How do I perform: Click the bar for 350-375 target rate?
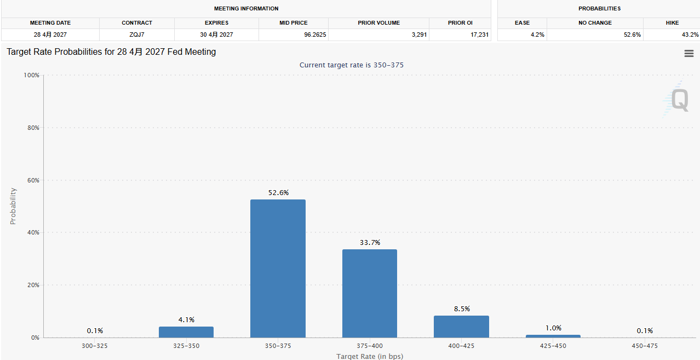pos(278,268)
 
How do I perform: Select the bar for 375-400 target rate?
pos(370,294)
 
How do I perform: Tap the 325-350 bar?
pos(186,332)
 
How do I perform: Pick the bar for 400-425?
pos(461,327)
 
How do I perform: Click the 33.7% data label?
pos(370,243)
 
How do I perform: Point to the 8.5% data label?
pos(462,308)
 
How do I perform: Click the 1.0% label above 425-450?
pos(553,328)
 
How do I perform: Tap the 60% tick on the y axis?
pos(33,180)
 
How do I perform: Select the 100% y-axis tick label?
pos(32,75)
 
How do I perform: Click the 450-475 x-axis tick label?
pos(645,346)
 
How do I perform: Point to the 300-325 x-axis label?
pos(95,346)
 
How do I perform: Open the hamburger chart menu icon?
pos(689,54)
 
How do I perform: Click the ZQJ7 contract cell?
pos(137,35)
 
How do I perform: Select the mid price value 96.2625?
pos(315,35)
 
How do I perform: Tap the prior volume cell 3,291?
pos(419,35)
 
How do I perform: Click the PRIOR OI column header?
pos(460,23)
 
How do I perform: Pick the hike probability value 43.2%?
pos(690,35)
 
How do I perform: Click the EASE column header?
pos(522,23)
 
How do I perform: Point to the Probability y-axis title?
pos(13,206)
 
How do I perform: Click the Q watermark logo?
pos(676,99)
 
